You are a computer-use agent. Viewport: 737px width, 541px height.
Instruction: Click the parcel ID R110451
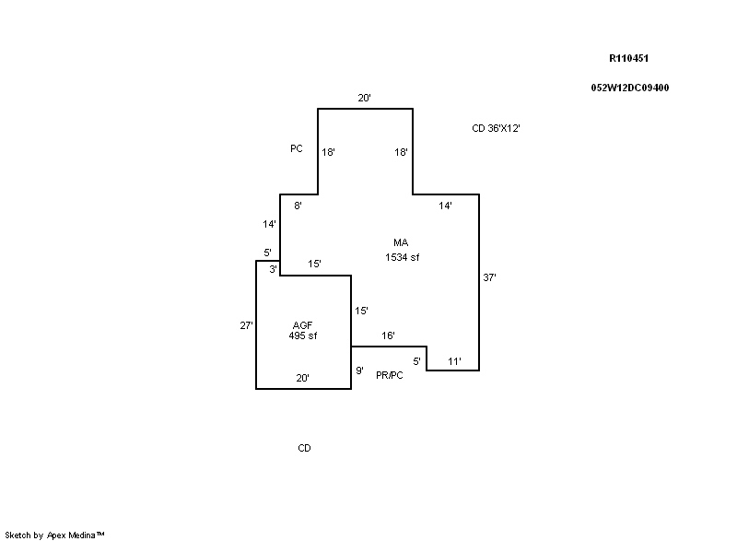(628, 58)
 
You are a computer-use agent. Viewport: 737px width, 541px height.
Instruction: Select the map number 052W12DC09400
(630, 88)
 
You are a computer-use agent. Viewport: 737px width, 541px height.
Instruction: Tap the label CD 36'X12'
(496, 128)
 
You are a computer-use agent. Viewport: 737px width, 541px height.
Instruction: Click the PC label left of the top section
(297, 148)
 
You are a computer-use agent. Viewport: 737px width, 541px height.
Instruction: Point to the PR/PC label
(390, 375)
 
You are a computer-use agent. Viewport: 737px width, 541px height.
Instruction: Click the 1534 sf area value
(403, 257)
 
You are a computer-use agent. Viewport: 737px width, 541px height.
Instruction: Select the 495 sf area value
(303, 335)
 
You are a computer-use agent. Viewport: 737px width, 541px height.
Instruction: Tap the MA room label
(401, 242)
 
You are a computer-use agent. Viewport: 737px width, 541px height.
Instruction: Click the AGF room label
(303, 325)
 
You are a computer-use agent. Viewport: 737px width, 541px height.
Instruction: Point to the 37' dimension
(490, 277)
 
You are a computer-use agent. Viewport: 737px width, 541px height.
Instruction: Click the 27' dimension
(246, 325)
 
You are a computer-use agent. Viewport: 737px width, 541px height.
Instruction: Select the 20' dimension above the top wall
(364, 98)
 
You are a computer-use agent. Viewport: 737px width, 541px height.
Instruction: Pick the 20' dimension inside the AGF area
(303, 378)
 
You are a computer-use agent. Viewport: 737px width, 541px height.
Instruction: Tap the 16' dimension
(388, 335)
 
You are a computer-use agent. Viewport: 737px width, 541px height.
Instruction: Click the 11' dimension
(454, 361)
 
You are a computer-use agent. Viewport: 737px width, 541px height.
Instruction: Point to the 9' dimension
(359, 370)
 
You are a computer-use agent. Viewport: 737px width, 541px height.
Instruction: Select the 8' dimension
(298, 206)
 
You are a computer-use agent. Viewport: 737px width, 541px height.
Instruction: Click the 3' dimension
(273, 269)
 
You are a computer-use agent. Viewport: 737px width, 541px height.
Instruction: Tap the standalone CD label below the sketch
(305, 448)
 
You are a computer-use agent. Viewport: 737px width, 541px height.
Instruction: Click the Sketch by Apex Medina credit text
(54, 535)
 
